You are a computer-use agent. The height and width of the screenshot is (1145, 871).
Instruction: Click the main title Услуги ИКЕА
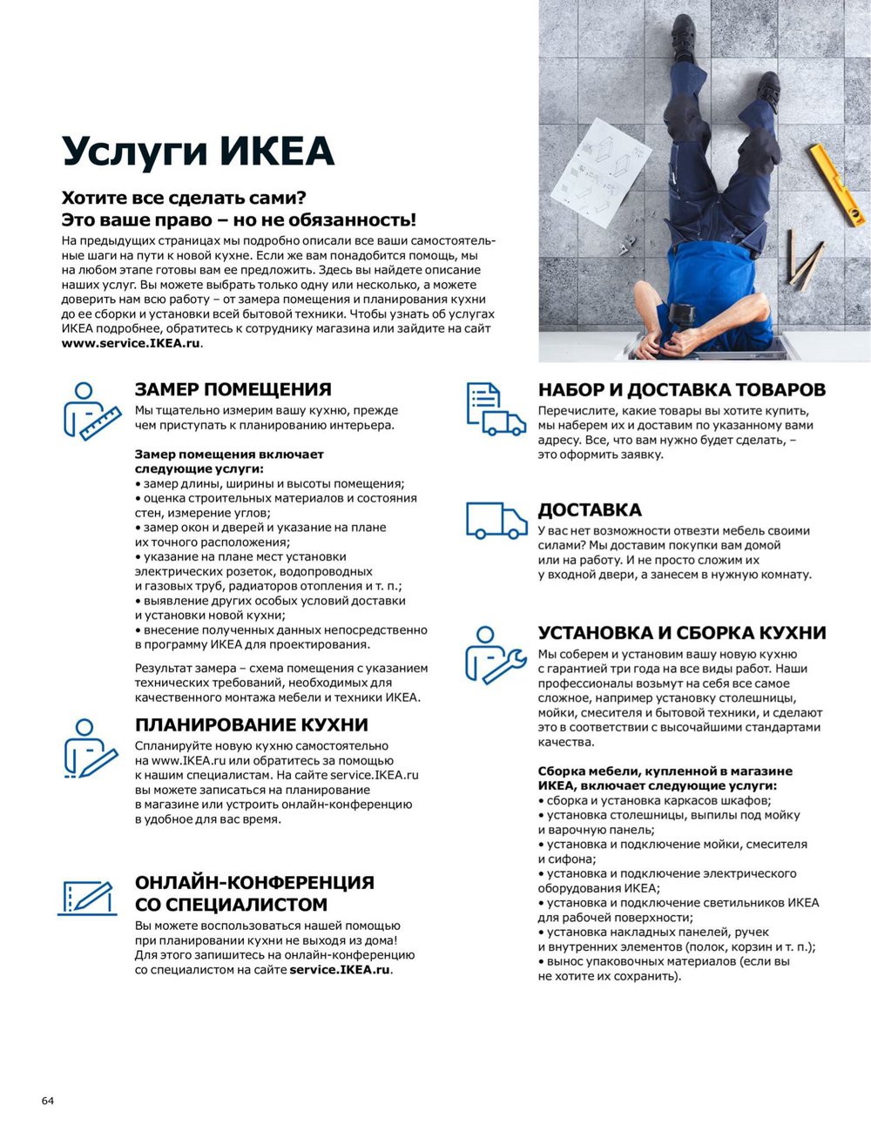[x=198, y=152]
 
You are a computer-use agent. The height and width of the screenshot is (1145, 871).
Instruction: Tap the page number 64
[x=47, y=1101]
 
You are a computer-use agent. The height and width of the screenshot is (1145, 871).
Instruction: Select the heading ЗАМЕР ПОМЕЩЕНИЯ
[x=233, y=389]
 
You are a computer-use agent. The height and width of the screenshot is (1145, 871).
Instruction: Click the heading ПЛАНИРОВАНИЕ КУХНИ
[x=251, y=724]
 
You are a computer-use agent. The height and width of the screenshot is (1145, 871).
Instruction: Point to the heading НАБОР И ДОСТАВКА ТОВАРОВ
[x=681, y=389]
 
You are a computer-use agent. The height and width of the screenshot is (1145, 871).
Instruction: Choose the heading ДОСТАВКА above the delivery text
[x=589, y=509]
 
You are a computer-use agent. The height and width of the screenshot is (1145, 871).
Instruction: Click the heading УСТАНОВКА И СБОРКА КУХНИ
[x=681, y=633]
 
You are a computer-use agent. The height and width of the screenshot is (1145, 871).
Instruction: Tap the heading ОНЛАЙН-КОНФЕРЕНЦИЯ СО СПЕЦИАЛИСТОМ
[x=254, y=893]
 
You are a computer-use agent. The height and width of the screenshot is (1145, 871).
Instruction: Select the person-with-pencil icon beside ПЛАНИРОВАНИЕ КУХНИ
[x=90, y=747]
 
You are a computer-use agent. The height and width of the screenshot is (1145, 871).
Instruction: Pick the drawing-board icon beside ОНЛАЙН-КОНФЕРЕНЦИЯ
[x=87, y=898]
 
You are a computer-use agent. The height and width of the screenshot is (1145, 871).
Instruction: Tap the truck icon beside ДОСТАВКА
[x=496, y=520]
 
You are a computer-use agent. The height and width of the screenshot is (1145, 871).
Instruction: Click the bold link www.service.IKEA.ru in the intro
[x=131, y=343]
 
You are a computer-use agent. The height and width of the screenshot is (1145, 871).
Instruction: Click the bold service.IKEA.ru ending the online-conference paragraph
[x=340, y=970]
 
